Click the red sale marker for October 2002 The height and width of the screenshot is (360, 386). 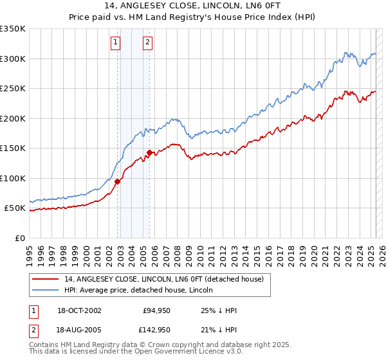point(118,181)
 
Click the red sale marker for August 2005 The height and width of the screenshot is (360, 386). point(149,152)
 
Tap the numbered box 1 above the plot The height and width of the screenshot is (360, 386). point(115,43)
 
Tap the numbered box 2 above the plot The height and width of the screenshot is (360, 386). point(147,43)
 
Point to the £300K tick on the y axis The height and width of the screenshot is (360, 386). point(13,59)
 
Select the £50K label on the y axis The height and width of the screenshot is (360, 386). point(15,208)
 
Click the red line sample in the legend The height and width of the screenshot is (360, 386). point(46,278)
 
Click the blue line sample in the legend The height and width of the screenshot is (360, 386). point(46,291)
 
